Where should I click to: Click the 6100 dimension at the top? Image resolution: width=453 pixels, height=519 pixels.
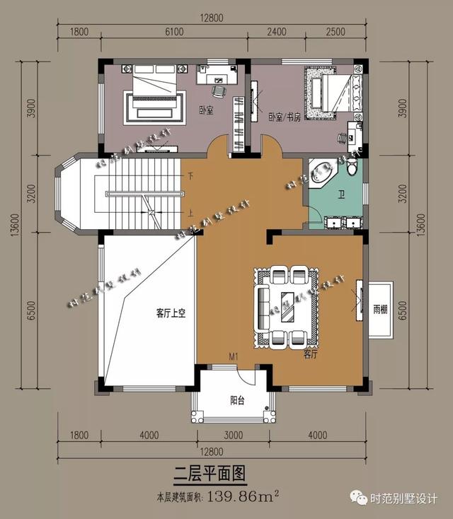(x=174, y=31)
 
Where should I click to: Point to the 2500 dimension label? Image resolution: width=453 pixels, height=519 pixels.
(x=336, y=31)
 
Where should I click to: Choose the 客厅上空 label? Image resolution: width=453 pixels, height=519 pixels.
(x=171, y=312)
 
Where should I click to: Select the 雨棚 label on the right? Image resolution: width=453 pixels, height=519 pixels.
(x=380, y=309)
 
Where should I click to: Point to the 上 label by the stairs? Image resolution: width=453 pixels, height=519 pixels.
(x=190, y=212)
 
